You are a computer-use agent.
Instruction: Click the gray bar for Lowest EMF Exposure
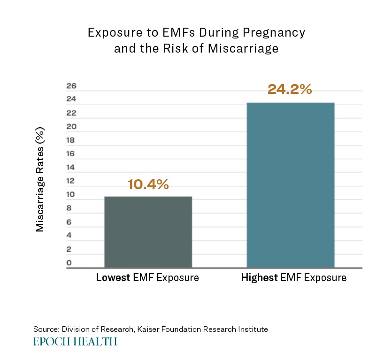pos(148,232)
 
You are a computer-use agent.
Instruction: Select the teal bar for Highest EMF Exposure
pos(290,185)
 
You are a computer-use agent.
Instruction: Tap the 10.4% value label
pos(148,185)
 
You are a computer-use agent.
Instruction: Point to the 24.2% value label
pos(290,89)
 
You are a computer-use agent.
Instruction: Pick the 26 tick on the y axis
pos(71,86)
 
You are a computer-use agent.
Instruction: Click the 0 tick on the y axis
pos(69,263)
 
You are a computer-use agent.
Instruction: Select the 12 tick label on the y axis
pos(71,181)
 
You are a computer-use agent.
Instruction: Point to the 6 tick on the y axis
pos(69,222)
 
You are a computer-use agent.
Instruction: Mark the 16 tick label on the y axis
pos(71,154)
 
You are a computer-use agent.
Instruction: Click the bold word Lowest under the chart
pos(113,277)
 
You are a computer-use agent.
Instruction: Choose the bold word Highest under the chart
pos(260,277)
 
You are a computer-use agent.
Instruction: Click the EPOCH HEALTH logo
pos(75,341)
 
